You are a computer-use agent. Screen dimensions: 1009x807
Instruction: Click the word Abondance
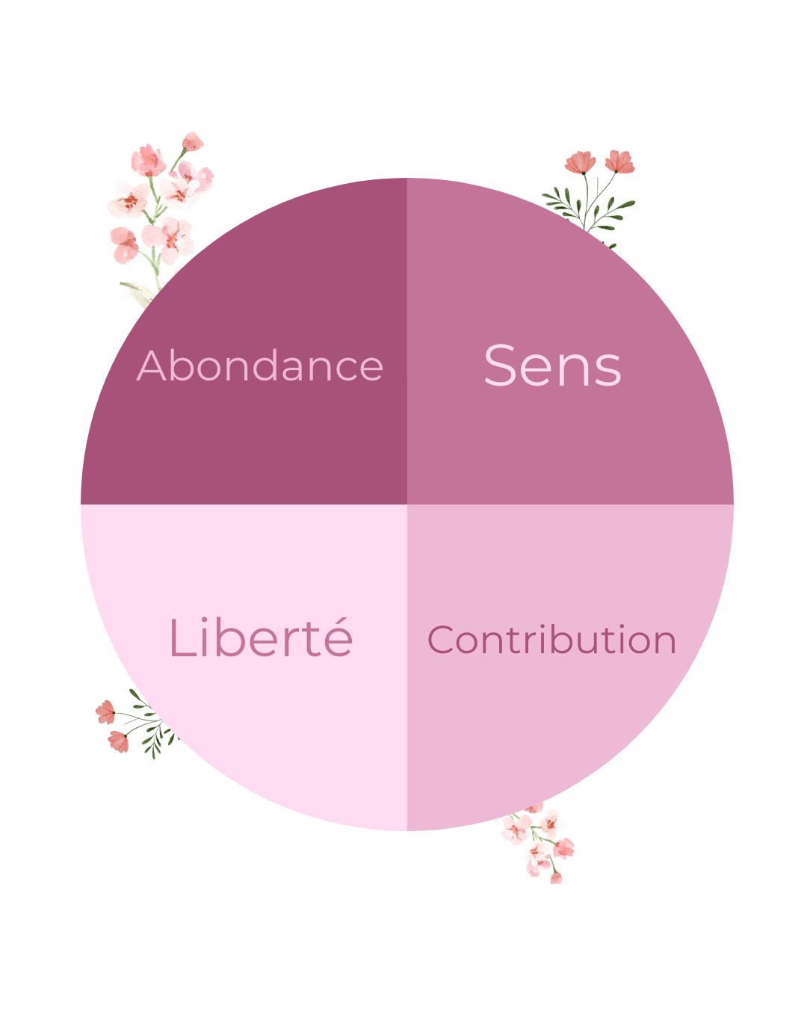(260, 366)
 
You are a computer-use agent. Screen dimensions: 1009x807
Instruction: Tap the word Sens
(552, 366)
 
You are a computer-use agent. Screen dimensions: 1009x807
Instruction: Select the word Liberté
(261, 639)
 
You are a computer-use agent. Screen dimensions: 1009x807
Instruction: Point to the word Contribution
(551, 641)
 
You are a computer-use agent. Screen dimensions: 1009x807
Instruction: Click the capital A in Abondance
(152, 366)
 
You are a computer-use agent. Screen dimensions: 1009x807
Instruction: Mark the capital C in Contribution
(441, 641)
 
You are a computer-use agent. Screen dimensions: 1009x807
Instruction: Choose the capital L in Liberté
(180, 639)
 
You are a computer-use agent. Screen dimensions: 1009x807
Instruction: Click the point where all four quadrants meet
(407, 504)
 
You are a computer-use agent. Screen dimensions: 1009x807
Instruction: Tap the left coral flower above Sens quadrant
(581, 162)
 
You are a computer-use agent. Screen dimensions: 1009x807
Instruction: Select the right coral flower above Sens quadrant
(619, 161)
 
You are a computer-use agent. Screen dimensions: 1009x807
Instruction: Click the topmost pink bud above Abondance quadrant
(193, 141)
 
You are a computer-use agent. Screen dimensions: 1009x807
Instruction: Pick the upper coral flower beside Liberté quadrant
(105, 711)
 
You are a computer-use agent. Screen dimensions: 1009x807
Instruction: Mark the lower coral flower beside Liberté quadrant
(118, 741)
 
